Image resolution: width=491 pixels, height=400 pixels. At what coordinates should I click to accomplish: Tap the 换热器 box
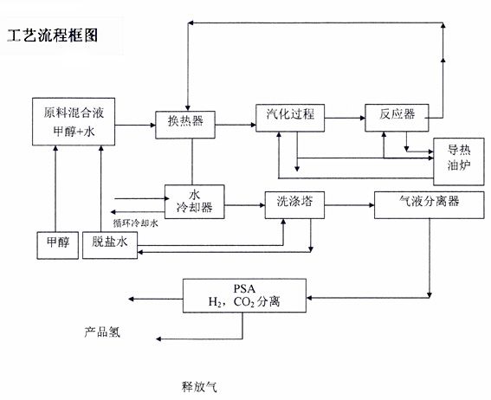click(184, 122)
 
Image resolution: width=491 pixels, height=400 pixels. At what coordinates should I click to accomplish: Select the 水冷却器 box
click(195, 202)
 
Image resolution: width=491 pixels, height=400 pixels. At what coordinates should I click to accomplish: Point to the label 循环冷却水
click(136, 223)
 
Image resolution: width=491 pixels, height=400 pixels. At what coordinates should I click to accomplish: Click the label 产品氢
click(103, 331)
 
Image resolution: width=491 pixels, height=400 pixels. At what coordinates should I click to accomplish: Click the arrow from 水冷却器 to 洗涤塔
click(244, 205)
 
